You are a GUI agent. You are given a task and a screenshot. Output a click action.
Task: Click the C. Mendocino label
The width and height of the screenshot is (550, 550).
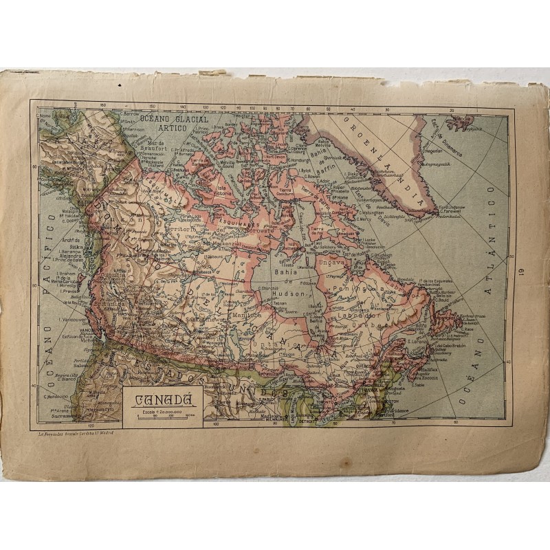click(56, 395)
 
